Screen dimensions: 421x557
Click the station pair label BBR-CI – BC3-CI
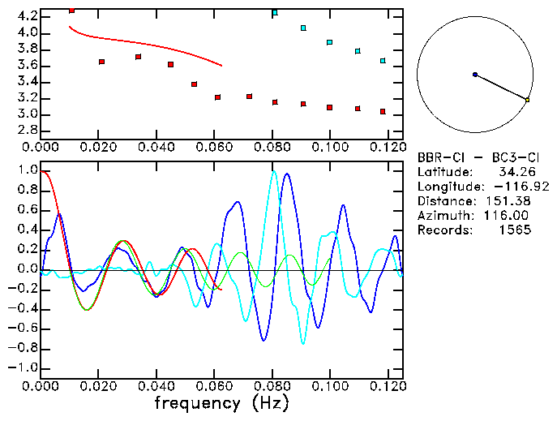click(473, 157)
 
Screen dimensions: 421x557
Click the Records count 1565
click(516, 230)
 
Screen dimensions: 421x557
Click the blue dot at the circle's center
click(475, 75)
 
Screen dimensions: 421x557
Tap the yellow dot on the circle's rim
click(527, 100)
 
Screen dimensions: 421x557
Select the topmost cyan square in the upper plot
click(275, 13)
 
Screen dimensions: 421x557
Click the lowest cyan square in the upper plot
click(383, 61)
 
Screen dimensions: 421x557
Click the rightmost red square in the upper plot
click(383, 111)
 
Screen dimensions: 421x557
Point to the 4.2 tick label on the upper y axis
click(27, 16)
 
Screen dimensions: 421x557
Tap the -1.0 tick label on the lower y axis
click(24, 368)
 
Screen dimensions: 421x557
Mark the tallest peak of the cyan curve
click(274, 172)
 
